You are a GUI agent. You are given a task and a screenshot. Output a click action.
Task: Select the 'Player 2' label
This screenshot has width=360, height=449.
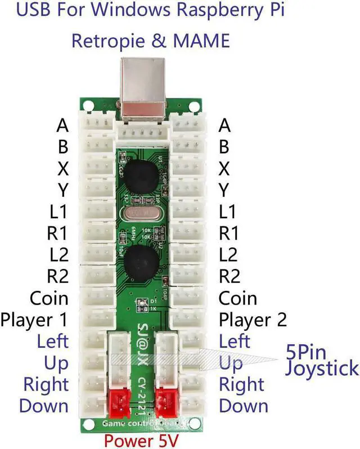pos(253,320)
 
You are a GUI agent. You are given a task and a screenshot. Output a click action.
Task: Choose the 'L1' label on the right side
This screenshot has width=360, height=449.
pos(227,212)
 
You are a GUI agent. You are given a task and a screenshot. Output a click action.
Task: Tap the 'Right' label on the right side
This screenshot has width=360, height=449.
pos(241,384)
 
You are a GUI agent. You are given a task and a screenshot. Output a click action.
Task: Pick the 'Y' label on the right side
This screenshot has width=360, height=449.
pos(224,190)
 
